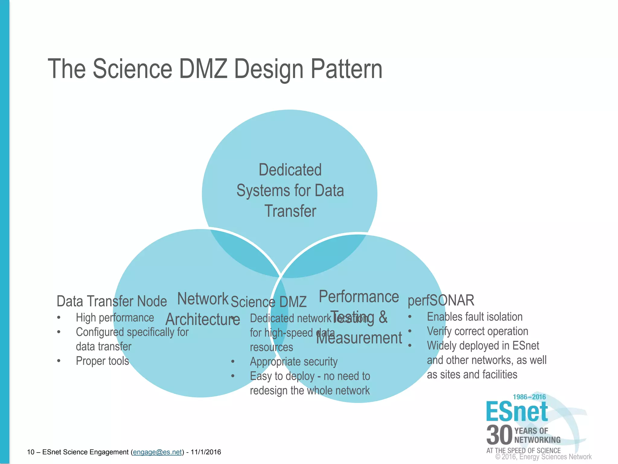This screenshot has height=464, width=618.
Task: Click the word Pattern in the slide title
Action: pos(346,69)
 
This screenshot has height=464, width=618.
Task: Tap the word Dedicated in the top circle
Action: pos(290,170)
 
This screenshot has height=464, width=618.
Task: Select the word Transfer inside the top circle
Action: pos(290,211)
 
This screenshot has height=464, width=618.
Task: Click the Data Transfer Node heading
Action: pos(112,301)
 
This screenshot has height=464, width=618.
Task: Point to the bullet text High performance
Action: pos(115,318)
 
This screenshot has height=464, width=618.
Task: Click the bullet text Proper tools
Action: pos(102,361)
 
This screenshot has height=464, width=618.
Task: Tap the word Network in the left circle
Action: pos(203,299)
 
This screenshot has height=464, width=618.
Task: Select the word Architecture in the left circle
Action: pos(203,320)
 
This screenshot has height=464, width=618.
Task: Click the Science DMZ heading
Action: pos(269,302)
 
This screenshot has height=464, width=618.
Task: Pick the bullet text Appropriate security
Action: pos(294,362)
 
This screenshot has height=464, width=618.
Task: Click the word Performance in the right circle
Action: pos(359,297)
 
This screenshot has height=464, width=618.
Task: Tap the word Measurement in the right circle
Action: pos(359,338)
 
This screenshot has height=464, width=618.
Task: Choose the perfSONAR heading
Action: pos(441,301)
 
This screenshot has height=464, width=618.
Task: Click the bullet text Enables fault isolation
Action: pos(475,317)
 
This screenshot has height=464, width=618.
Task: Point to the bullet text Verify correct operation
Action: pos(477,331)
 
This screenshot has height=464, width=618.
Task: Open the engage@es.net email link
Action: pos(158,452)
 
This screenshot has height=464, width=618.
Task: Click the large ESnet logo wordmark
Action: pos(517,412)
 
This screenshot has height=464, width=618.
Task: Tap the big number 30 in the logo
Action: pos(499,435)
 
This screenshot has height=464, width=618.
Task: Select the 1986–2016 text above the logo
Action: pos(529,397)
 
